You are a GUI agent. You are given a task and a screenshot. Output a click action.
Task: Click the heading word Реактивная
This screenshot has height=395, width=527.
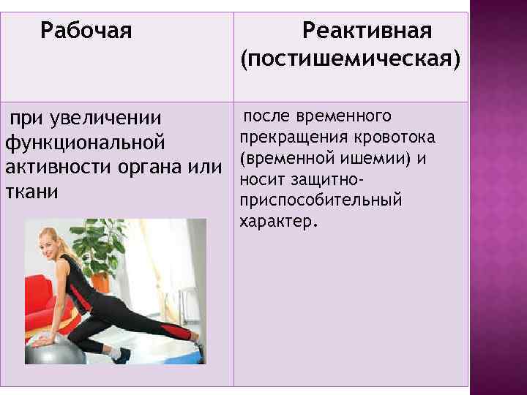point(367,31)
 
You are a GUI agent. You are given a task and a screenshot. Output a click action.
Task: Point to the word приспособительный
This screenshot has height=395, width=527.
point(321,200)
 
